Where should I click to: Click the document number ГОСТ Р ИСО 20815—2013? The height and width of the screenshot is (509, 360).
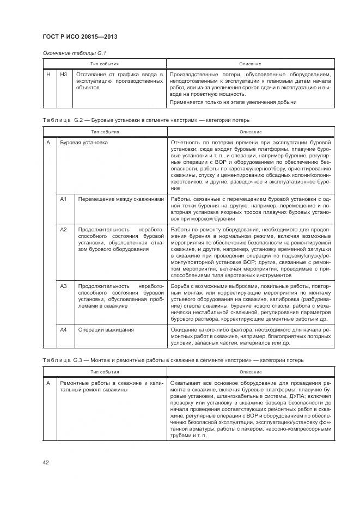(x=80, y=37)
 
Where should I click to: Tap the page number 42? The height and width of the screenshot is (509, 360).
(x=46, y=463)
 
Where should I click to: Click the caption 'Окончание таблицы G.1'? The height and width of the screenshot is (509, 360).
(x=70, y=53)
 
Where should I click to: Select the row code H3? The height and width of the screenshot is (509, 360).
(x=64, y=74)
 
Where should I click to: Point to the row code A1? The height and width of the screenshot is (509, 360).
(x=63, y=199)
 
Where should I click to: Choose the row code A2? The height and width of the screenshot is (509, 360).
(x=63, y=230)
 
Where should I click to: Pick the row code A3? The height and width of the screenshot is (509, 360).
(x=63, y=286)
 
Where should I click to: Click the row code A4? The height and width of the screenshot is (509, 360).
(x=63, y=329)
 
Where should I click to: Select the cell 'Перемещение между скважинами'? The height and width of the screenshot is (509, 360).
(x=121, y=199)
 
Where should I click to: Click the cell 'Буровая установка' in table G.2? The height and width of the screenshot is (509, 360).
(x=83, y=143)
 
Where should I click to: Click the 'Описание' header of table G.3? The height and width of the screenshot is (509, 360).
(x=250, y=372)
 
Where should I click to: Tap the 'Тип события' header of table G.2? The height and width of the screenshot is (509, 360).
(x=105, y=132)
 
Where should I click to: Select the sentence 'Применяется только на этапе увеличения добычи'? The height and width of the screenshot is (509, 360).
(x=233, y=102)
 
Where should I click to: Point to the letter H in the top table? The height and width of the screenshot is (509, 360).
(x=49, y=74)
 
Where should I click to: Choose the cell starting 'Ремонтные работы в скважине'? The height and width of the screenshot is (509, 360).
(x=111, y=387)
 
